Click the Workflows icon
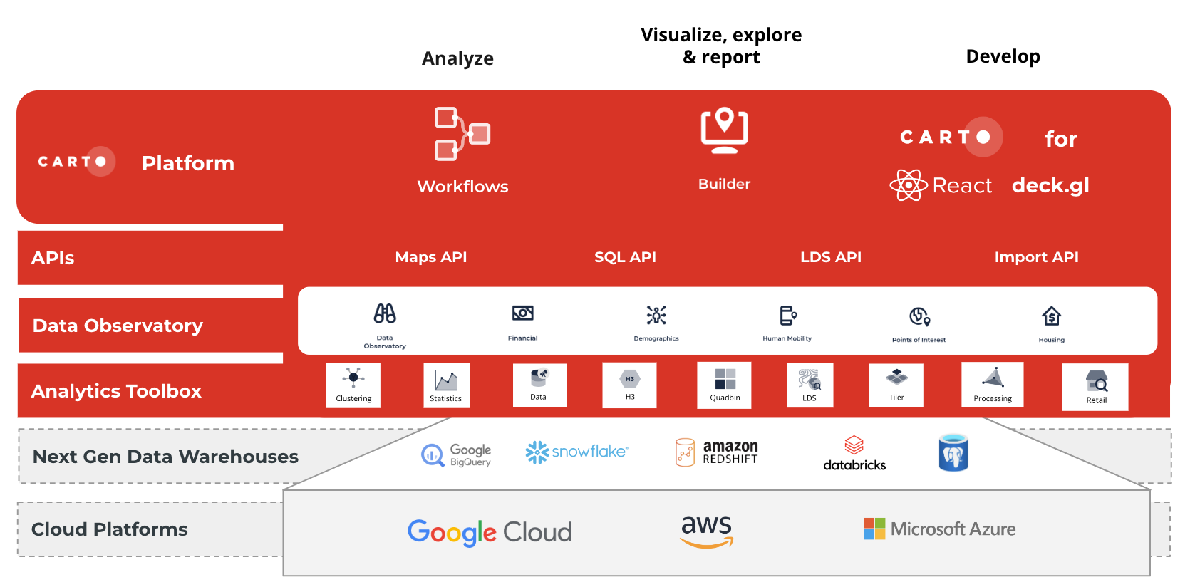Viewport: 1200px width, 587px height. coord(461,134)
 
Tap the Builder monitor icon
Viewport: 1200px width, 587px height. coord(724,130)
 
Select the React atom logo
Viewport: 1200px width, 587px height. coord(909,185)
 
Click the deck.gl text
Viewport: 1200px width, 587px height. coord(1050,186)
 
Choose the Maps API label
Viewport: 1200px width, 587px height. coord(430,257)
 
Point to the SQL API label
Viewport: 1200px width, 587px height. coord(625,257)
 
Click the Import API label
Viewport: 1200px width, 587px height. coord(1036,257)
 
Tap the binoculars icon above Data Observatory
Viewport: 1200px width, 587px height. coord(385,314)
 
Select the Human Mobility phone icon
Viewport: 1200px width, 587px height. coord(787,316)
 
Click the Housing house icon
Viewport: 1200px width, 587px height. coord(1051,316)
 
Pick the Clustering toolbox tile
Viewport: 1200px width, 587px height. coord(353,385)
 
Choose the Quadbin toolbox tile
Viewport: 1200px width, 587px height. coord(724,385)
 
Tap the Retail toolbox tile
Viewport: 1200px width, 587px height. coord(1095,388)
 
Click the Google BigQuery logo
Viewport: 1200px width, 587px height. coord(457,455)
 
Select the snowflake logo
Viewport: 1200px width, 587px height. coord(576,452)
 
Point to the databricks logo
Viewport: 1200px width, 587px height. coord(854,453)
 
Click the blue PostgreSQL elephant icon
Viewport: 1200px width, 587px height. coord(953,453)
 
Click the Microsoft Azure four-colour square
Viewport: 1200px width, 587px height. coord(874,529)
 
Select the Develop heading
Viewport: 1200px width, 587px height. coord(1003,56)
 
